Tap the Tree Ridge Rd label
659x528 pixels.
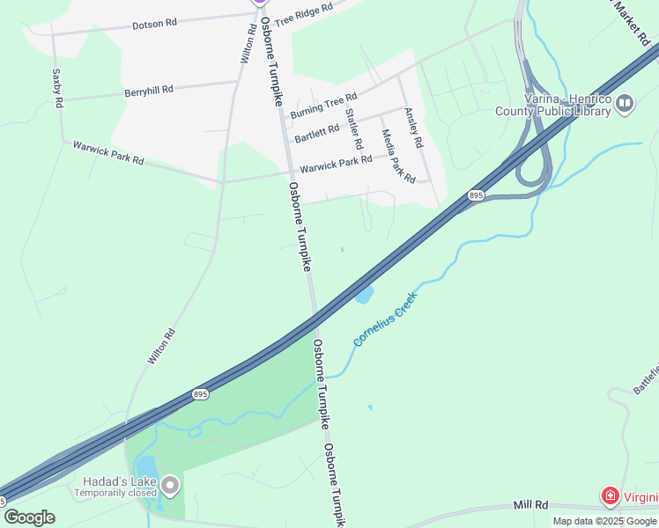coord(303,15)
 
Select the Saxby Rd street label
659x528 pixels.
coord(57,89)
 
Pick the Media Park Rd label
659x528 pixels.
coord(397,156)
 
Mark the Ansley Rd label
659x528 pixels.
coord(413,127)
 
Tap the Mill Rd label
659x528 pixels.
coord(531,505)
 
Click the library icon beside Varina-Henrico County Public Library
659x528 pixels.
coord(625,105)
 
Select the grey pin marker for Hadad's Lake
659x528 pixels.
coord(170,485)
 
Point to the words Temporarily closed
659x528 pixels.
coord(115,493)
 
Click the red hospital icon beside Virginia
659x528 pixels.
coord(609,497)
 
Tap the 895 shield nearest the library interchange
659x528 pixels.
coord(476,194)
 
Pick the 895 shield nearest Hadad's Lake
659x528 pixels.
coord(201,394)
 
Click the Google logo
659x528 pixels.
coord(29,517)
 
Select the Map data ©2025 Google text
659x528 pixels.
coord(605,521)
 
